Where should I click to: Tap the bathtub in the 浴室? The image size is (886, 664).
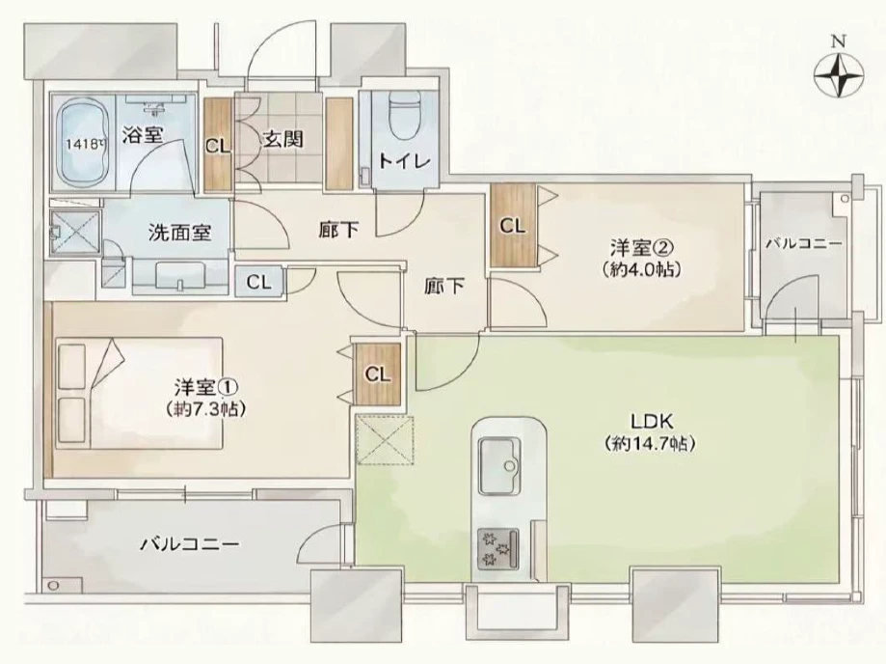pyautogui.click(x=81, y=146)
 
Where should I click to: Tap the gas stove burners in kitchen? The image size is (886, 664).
pyautogui.click(x=496, y=546)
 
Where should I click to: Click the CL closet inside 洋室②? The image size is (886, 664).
pyautogui.click(x=512, y=226)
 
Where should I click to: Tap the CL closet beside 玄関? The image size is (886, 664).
pyautogui.click(x=218, y=147)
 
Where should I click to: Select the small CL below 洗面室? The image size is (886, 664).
pyautogui.click(x=257, y=282)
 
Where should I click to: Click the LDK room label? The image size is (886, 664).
pyautogui.click(x=651, y=422)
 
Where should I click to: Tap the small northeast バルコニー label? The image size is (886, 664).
pyautogui.click(x=803, y=245)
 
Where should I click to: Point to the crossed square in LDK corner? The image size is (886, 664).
pyautogui.click(x=383, y=441)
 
